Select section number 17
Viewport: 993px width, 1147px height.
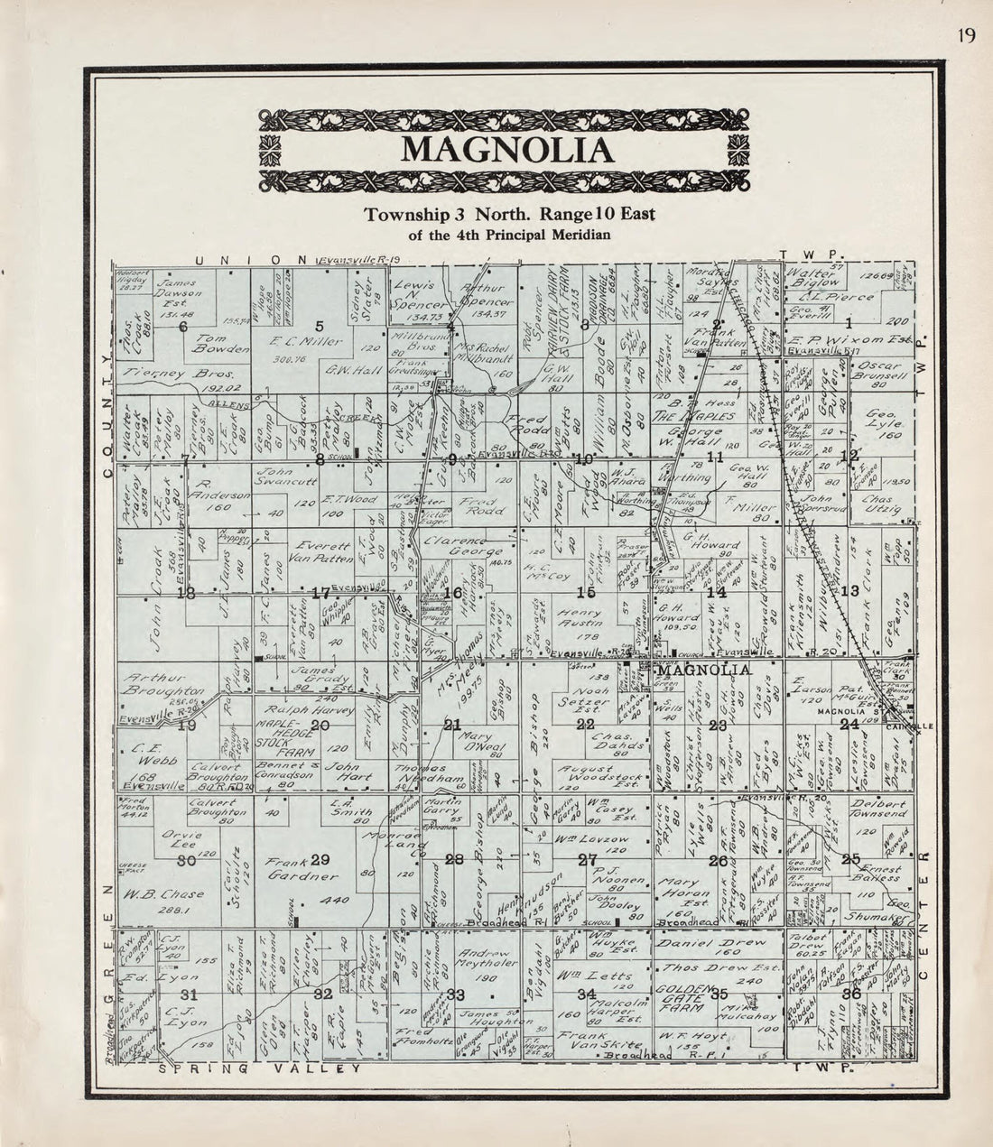(320, 593)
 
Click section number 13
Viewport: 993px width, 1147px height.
(849, 591)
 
